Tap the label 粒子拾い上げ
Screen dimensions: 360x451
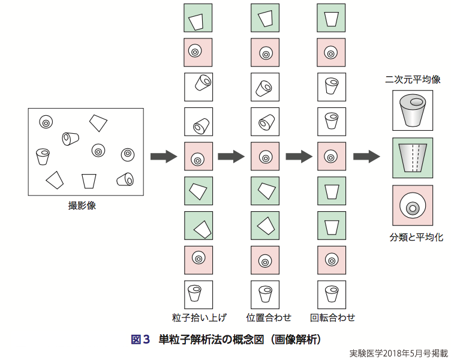196,317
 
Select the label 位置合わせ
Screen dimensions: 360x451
264,317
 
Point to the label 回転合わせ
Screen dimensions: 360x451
332,317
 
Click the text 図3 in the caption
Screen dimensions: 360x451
140,340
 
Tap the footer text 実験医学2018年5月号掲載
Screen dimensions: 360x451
398,353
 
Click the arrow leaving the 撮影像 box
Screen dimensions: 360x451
163,157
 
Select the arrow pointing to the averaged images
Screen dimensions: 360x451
367,157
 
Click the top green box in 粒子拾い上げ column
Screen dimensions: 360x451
197,20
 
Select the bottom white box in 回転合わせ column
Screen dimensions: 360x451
331,293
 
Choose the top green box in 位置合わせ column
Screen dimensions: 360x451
265,20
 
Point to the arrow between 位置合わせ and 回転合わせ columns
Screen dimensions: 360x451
299,157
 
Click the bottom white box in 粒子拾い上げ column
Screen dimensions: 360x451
197,293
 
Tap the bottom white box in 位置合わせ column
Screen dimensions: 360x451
265,293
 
